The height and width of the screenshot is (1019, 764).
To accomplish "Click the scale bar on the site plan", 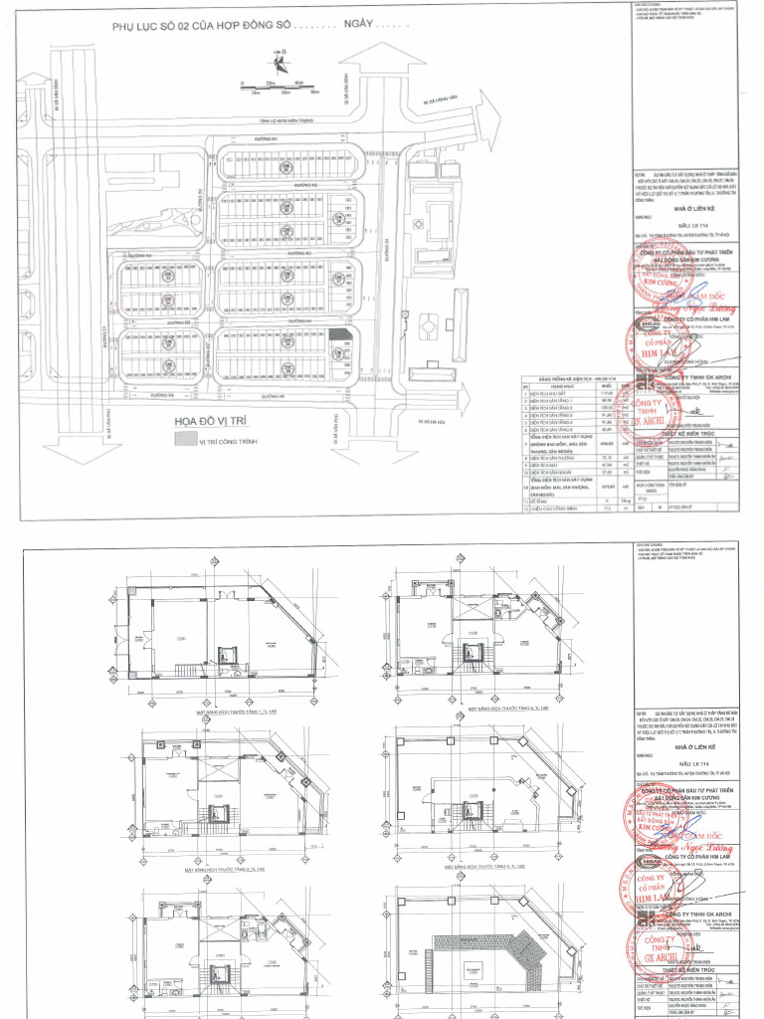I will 278,87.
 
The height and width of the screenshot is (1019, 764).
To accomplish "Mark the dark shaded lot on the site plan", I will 340,335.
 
